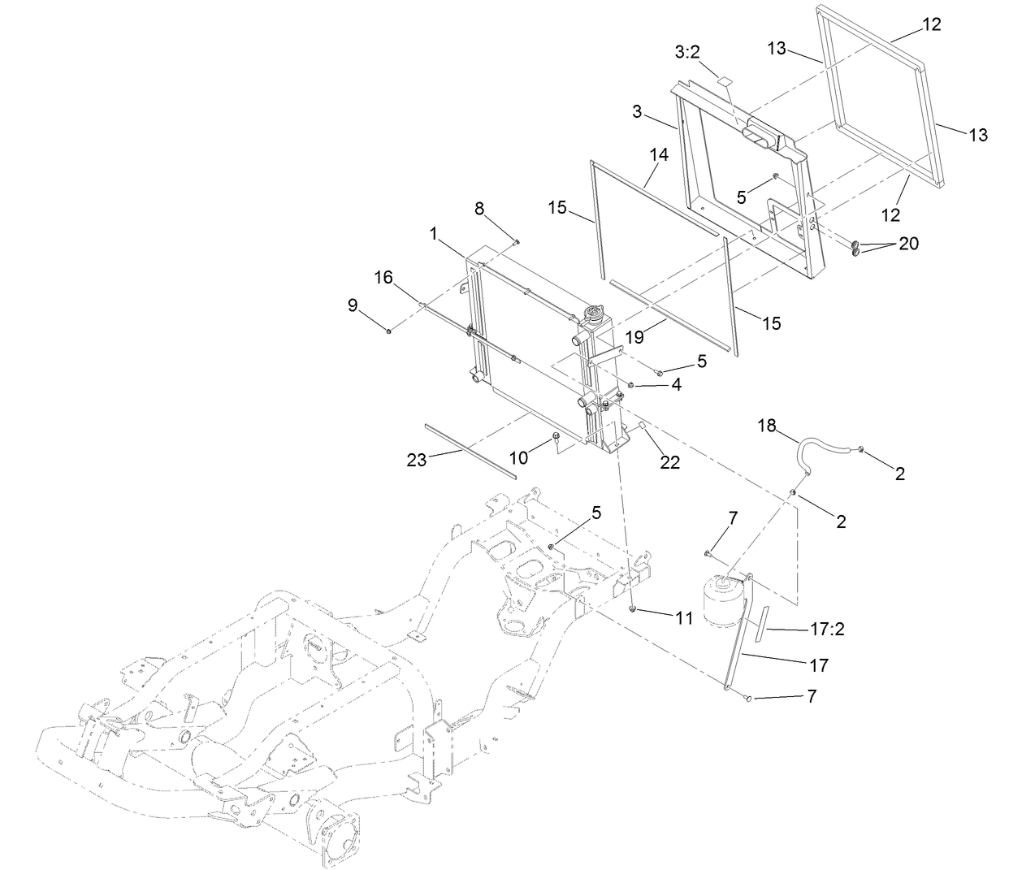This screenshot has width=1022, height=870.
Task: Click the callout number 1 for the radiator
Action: pyautogui.click(x=434, y=234)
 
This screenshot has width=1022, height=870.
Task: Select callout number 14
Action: pyautogui.click(x=659, y=154)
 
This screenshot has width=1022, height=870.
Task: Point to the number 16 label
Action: pyautogui.click(x=383, y=278)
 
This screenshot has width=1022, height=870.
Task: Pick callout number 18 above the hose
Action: pyautogui.click(x=767, y=425)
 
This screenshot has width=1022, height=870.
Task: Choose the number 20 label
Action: pyautogui.click(x=908, y=243)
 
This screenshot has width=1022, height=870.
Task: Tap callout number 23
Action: pyautogui.click(x=417, y=461)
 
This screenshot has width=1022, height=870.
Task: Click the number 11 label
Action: pyautogui.click(x=684, y=618)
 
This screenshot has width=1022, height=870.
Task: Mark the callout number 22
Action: pyautogui.click(x=670, y=463)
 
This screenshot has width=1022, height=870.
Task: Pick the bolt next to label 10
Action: pyautogui.click(x=556, y=439)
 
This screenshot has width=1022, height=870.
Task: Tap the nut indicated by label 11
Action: pyautogui.click(x=631, y=608)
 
